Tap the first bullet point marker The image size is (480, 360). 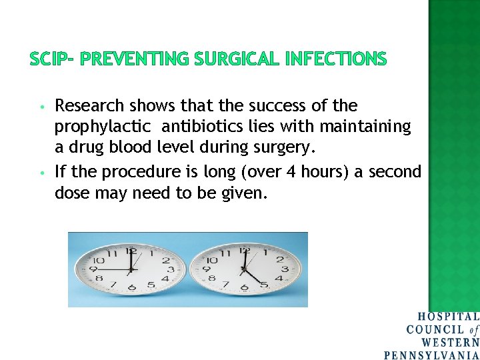pyautogui.click(x=41, y=107)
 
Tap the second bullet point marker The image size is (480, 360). pyautogui.click(x=41, y=173)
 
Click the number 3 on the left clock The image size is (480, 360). pyautogui.click(x=171, y=269)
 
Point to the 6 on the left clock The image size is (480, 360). pyautogui.click(x=131, y=288)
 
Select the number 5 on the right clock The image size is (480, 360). pyautogui.click(x=264, y=285)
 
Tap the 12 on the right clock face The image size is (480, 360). pyautogui.click(x=245, y=251)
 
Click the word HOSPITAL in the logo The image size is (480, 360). pyautogui.click(x=448, y=317)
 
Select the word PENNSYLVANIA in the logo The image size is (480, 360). pyautogui.click(x=431, y=354)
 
